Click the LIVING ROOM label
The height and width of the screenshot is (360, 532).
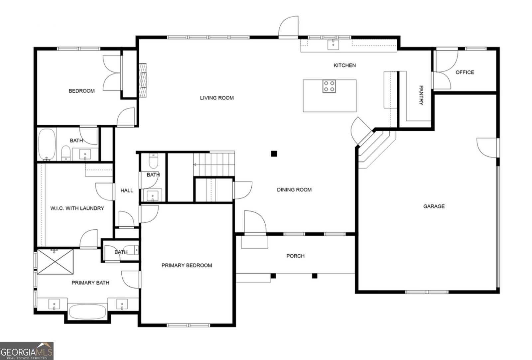tap(217, 98)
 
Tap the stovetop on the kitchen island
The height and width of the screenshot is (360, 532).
tap(329, 86)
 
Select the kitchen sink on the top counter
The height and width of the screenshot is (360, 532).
tap(333, 44)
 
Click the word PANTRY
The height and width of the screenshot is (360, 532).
tap(421, 95)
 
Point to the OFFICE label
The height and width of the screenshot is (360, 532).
tap(465, 72)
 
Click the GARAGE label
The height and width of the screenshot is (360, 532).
tap(434, 206)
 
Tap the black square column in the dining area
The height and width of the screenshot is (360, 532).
tap(274, 153)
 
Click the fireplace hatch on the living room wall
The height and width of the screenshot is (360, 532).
tap(143, 80)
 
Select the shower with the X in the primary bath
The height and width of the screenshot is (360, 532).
tap(55, 262)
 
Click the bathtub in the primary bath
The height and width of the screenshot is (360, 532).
tap(87, 312)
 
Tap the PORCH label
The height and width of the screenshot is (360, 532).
tap(295, 256)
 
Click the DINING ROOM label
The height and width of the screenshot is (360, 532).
tap(294, 190)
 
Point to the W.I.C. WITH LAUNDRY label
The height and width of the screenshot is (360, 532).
tap(77, 208)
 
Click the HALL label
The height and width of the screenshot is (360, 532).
tap(127, 190)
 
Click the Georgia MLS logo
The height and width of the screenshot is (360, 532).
tap(27, 351)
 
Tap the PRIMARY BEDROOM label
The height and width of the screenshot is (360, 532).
tap(187, 265)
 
